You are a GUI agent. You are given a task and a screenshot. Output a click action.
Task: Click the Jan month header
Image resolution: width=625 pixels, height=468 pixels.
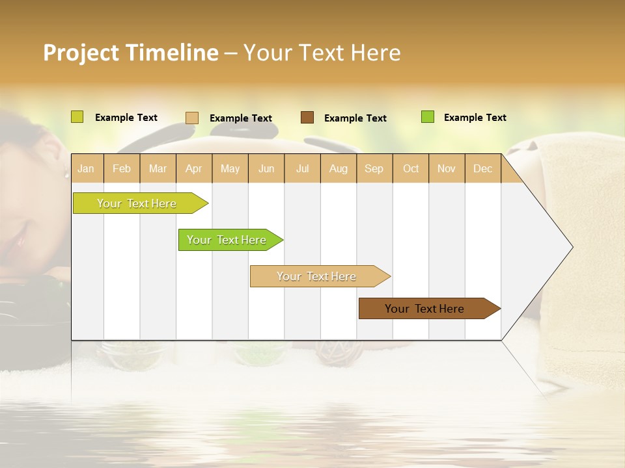click(86, 169)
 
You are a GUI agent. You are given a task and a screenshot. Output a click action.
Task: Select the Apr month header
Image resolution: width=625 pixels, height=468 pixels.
click(193, 169)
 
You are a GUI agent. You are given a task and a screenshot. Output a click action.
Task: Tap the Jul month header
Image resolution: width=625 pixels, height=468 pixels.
click(302, 169)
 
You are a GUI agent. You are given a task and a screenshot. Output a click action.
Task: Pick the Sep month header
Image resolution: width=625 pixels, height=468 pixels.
click(374, 169)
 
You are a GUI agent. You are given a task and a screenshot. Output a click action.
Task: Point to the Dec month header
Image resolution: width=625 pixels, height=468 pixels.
click(482, 169)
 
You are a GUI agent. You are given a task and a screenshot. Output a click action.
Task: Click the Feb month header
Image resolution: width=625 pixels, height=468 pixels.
click(122, 169)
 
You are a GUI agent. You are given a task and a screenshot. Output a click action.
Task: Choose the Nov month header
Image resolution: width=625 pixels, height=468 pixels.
click(446, 169)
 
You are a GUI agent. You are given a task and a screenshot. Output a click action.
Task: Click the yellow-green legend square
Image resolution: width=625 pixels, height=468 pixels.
click(77, 117)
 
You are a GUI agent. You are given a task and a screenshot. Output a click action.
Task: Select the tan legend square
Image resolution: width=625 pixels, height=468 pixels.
click(191, 118)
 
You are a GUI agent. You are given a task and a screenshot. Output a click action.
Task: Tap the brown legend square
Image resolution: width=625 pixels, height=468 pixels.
click(307, 118)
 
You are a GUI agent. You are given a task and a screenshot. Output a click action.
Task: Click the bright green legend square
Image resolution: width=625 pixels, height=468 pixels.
click(427, 117)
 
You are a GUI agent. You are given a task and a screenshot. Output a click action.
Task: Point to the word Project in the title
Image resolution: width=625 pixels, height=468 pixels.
click(80, 53)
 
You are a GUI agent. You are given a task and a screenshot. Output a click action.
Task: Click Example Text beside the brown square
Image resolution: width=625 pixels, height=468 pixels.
click(355, 118)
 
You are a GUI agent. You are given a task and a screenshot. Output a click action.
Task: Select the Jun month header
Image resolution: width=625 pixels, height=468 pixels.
click(266, 169)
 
